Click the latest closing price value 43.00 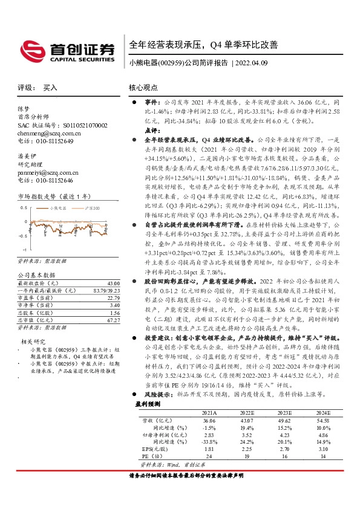click(113, 284)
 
